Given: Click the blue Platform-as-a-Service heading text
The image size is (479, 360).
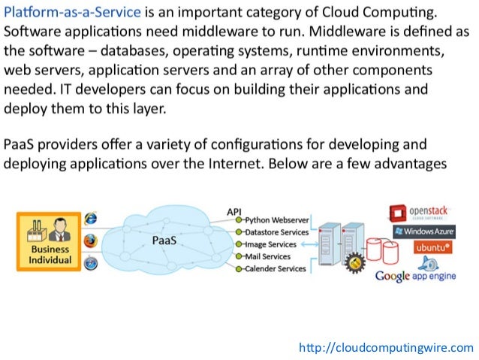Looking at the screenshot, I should (x=72, y=14).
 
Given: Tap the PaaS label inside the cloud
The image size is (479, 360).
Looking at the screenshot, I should (x=164, y=241).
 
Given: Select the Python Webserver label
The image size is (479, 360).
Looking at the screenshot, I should (x=276, y=219).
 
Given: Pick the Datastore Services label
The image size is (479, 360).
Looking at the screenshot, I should (x=277, y=232).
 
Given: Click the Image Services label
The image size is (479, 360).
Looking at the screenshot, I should (x=271, y=244).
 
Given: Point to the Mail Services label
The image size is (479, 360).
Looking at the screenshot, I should (x=269, y=256).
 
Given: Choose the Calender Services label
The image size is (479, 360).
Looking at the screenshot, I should (x=276, y=268).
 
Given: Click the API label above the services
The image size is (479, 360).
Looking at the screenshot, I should (x=233, y=211).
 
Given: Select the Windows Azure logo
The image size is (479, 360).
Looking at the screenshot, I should (x=421, y=230).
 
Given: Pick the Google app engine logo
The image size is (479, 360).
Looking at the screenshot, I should (x=414, y=275).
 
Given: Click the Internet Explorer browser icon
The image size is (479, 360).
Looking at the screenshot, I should (x=91, y=219).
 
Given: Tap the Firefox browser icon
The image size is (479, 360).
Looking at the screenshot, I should (x=90, y=241).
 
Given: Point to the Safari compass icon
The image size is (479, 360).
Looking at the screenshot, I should (x=90, y=263).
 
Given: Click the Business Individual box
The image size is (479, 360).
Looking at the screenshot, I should (x=50, y=240).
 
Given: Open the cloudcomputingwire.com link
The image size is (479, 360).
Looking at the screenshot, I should (x=386, y=347).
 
